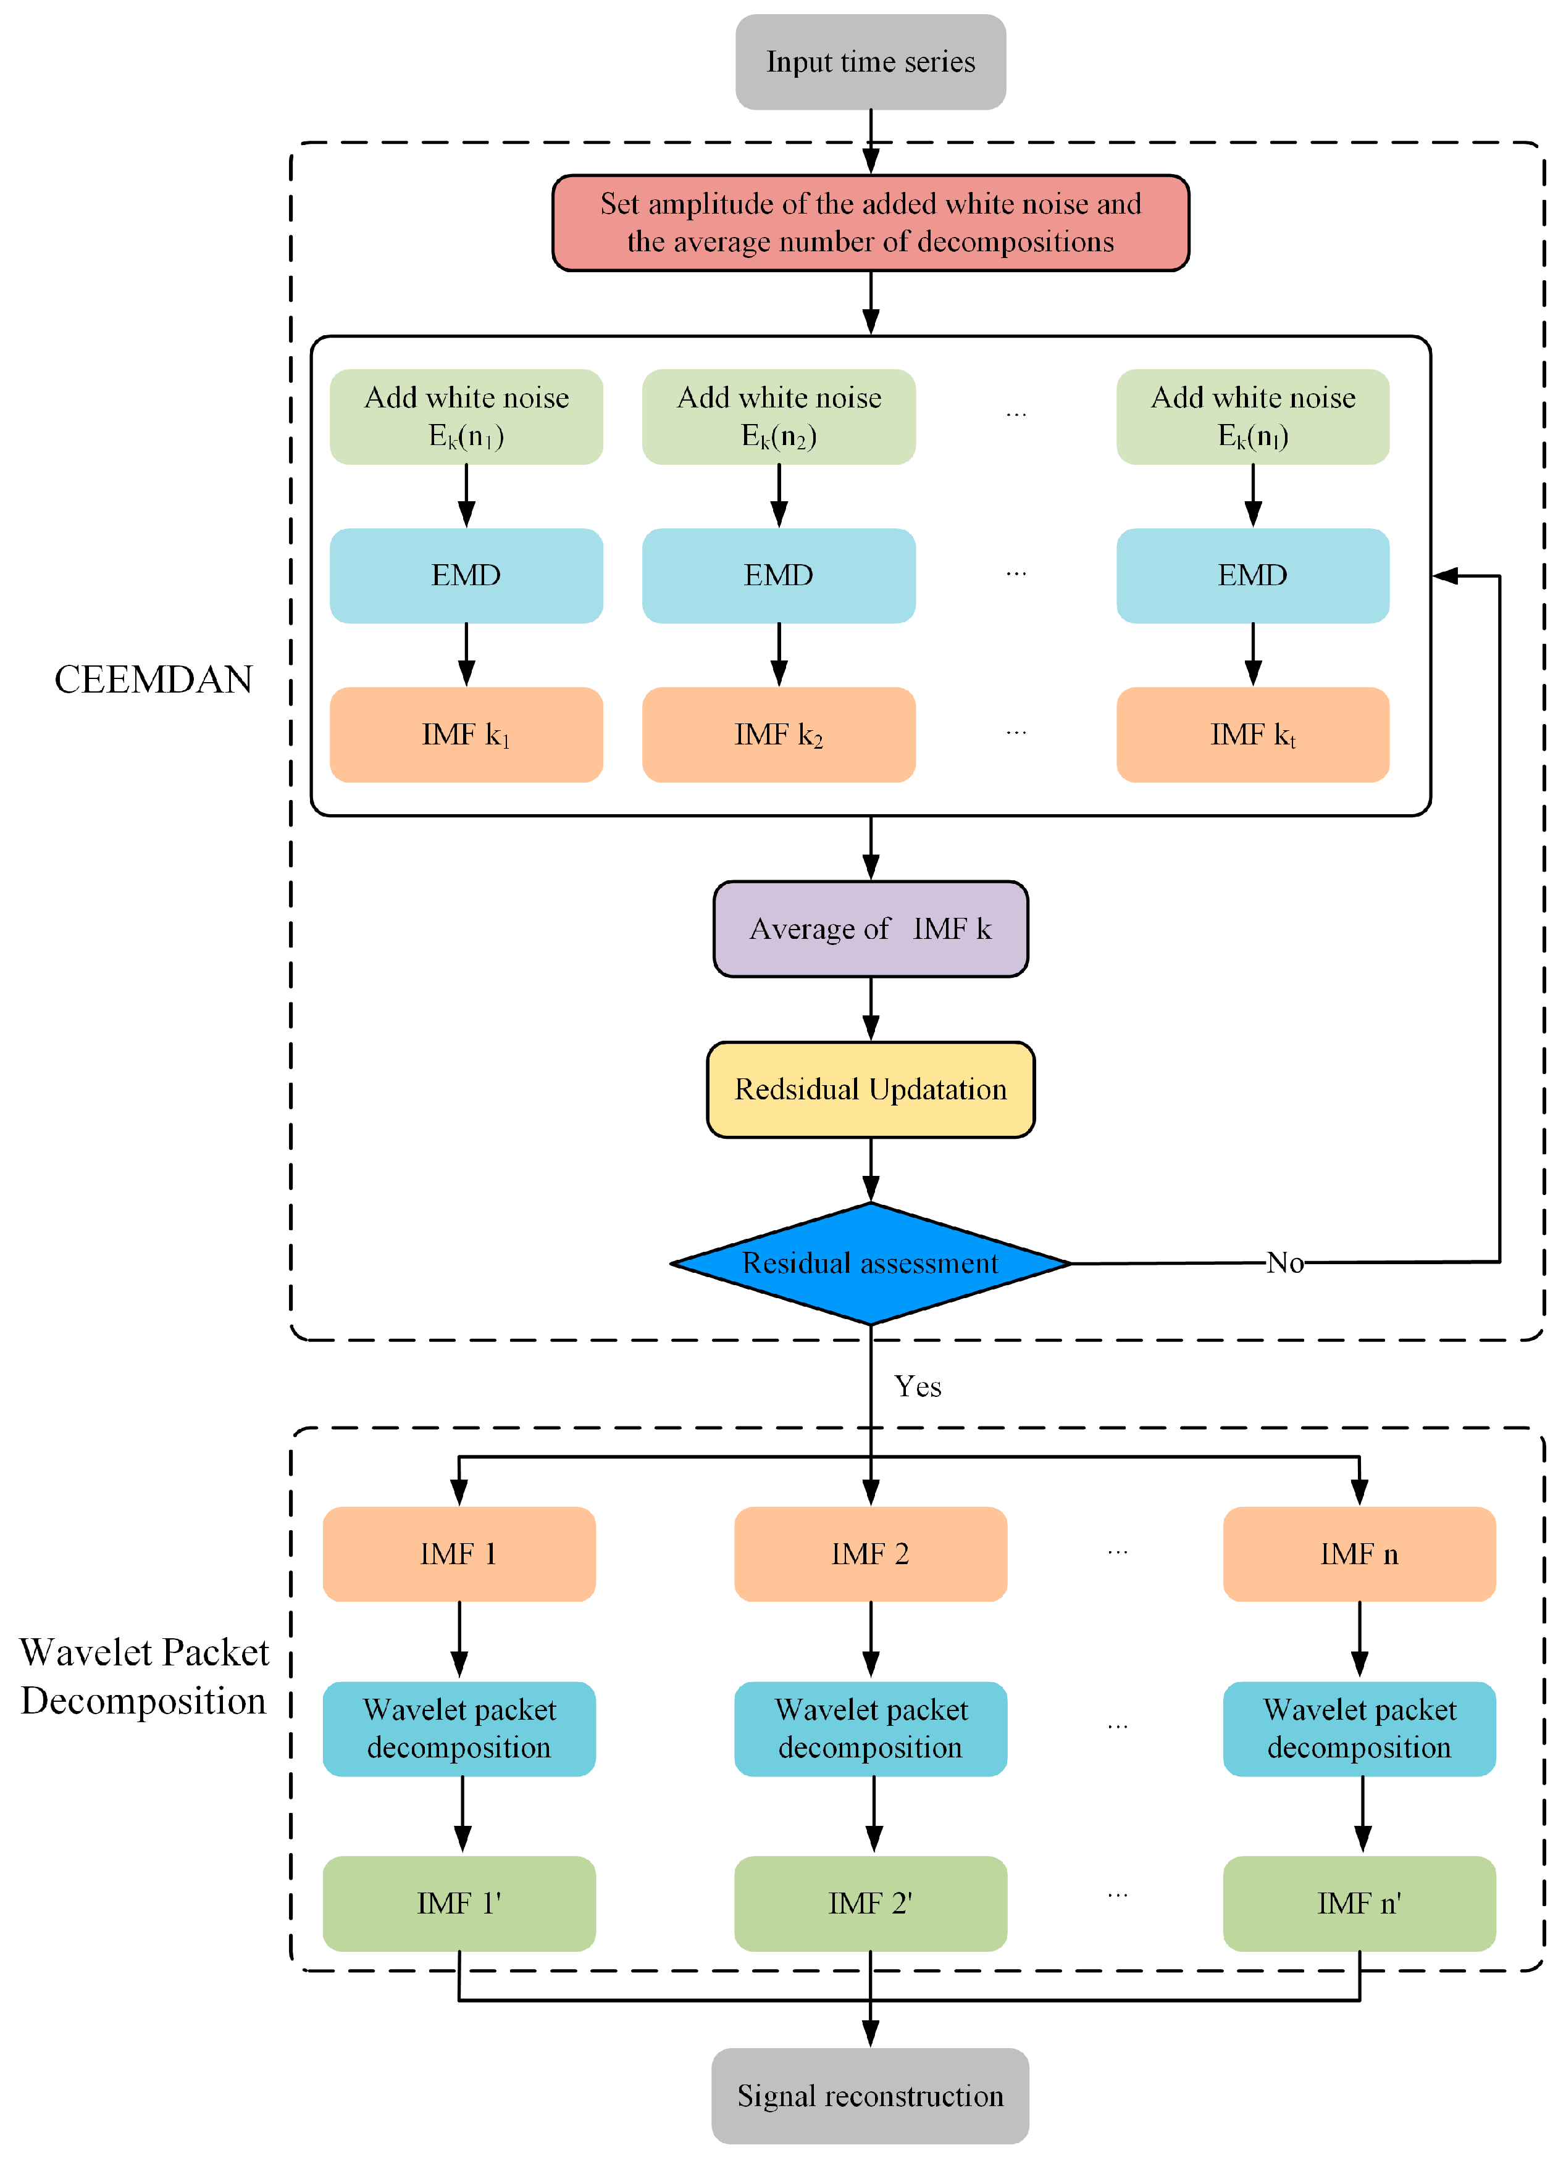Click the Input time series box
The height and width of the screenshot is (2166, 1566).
pos(871,62)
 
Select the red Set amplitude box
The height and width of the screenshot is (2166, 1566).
pos(871,222)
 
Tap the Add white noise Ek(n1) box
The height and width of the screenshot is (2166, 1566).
pos(466,417)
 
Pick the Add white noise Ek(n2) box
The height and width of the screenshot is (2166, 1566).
pos(779,417)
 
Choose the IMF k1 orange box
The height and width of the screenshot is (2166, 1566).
pos(466,735)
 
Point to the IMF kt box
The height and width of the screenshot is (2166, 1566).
pos(1252,735)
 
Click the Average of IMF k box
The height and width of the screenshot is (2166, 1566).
pos(871,929)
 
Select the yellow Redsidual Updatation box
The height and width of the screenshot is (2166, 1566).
pos(871,1089)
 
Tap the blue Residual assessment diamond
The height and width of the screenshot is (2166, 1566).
pos(871,1264)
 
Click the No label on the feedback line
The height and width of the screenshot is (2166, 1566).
pos(1285,1262)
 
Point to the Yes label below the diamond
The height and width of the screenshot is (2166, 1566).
pos(917,1387)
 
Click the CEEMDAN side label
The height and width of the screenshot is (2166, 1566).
pos(153,680)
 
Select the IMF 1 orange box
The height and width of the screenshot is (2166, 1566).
pos(459,1554)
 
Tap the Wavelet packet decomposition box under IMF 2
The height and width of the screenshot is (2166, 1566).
pos(871,1728)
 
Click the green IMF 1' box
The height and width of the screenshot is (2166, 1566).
pos(459,1904)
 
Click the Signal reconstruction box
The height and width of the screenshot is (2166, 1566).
pos(871,2096)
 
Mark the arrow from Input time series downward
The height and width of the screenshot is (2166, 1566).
pos(871,141)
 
